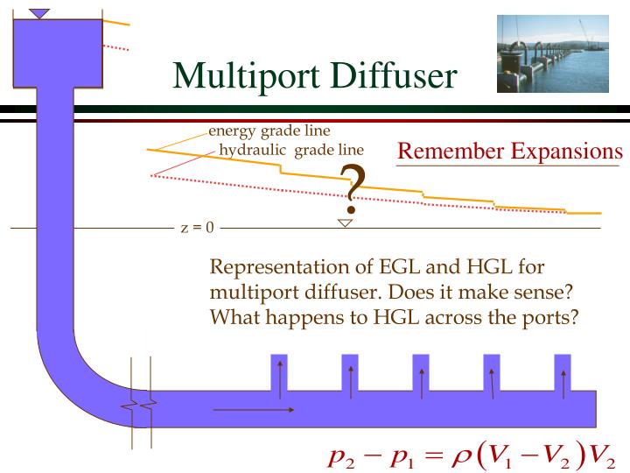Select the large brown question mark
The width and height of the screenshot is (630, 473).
(x=352, y=189)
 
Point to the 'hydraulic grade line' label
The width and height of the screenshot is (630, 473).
(x=290, y=150)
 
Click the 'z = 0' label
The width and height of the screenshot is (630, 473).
(x=197, y=229)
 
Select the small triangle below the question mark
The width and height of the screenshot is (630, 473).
(x=345, y=223)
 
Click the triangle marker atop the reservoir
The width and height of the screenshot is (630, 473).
(x=40, y=13)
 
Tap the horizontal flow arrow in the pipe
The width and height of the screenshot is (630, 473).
(x=254, y=409)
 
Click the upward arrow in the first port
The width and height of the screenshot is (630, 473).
(x=279, y=379)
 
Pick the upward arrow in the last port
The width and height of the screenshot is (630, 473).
(x=563, y=379)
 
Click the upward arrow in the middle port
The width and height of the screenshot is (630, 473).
(x=421, y=379)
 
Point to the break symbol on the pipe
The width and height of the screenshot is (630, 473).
(x=141, y=405)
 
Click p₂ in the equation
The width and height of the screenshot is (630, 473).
(x=339, y=457)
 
